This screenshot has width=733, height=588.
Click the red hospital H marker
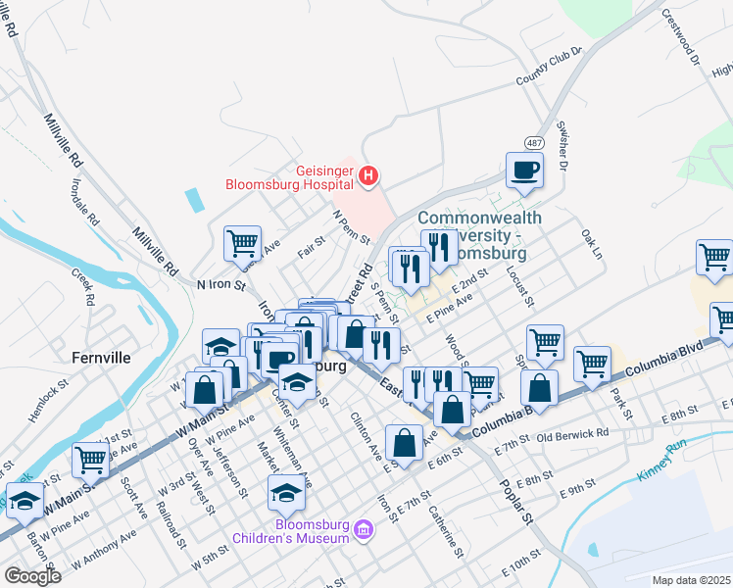[368, 176]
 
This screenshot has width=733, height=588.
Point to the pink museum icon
[365, 531]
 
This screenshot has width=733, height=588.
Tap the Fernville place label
[101, 358]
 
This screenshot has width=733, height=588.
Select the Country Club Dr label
[549, 67]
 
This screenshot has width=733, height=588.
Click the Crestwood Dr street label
[683, 39]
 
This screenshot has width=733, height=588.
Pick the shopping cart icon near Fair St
[242, 243]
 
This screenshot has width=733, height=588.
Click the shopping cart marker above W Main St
[90, 458]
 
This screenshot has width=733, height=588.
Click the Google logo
[31, 576]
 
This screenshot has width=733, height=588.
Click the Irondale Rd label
[84, 200]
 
